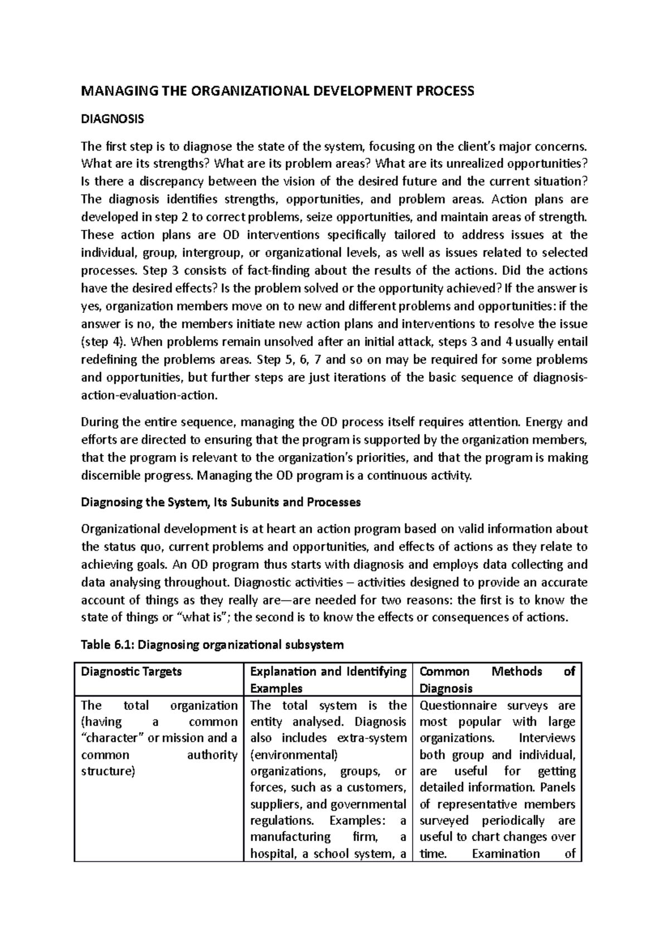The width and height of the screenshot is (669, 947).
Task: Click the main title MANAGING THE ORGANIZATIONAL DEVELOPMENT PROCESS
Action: [278, 91]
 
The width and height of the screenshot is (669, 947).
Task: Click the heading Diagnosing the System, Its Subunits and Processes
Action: [221, 502]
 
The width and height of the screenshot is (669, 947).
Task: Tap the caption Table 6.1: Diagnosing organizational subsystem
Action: [212, 645]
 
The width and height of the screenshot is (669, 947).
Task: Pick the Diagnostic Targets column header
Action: [132, 671]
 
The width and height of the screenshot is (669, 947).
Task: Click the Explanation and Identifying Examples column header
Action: [328, 679]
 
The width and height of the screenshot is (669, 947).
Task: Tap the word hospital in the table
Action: [274, 853]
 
